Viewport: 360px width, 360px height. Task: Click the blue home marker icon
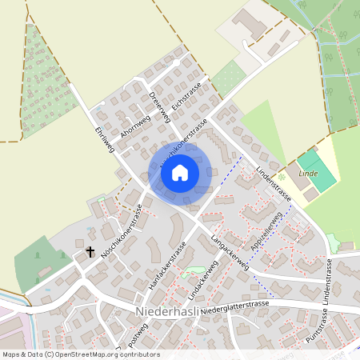pos(180,172)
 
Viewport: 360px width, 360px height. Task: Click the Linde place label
pos(308,174)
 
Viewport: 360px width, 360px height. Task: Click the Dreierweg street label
pos(160,109)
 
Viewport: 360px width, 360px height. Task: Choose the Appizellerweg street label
pos(266,233)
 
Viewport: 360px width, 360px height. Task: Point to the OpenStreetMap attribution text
pos(81,354)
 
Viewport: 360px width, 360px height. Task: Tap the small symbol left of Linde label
pos(282,175)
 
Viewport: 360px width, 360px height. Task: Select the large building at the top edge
pos(250,22)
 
